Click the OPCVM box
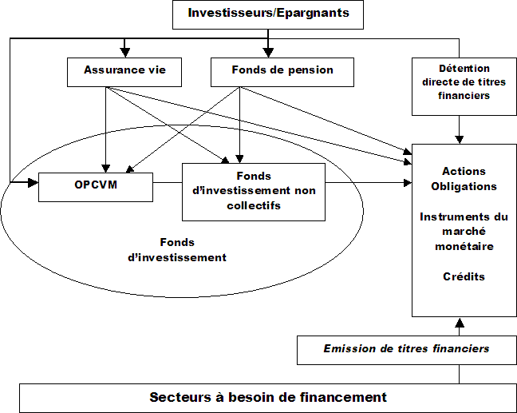(95, 185)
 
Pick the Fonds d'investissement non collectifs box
(254, 191)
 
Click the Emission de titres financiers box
(406, 348)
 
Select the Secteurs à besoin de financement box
(268, 397)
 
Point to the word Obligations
(464, 186)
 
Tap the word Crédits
(464, 276)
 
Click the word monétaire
(464, 246)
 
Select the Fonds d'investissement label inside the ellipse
(177, 250)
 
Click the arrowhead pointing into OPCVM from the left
(34, 184)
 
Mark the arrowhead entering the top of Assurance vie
(123, 52)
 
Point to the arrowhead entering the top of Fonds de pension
(269, 52)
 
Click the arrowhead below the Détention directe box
(459, 138)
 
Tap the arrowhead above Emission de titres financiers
(459, 323)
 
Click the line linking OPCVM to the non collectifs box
(167, 184)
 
